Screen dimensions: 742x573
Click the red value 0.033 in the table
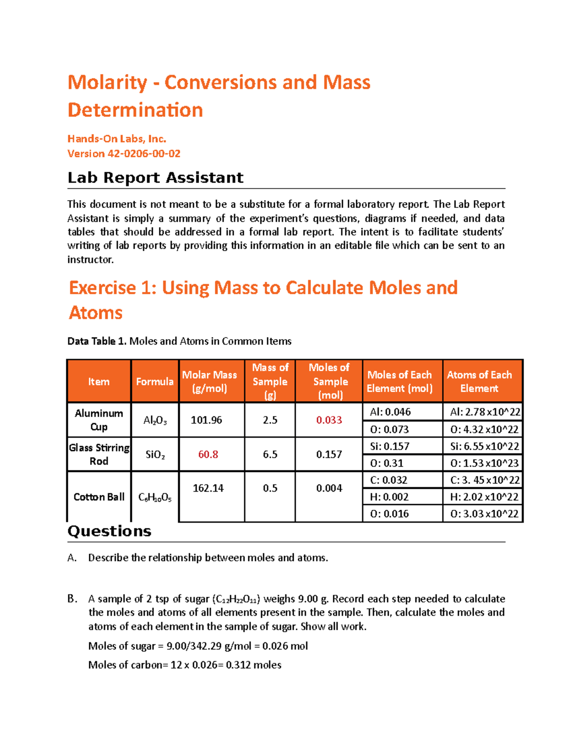point(329,420)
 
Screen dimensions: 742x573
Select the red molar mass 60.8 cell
point(208,454)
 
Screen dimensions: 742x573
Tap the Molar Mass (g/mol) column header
point(210,381)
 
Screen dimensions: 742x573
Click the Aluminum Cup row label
point(99,420)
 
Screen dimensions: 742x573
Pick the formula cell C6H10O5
point(155,497)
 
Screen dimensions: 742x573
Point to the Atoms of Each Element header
point(479,381)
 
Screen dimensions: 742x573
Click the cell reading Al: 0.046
point(390,412)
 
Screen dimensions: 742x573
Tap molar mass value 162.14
point(208,488)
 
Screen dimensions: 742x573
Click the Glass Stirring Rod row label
point(99,454)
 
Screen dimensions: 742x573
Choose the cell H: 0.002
point(389,497)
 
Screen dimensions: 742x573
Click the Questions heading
point(109,531)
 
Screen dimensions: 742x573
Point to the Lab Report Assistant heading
point(155,178)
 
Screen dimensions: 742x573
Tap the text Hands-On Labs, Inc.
point(117,139)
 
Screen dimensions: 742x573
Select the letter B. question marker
point(72,599)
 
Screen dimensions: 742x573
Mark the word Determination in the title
point(135,110)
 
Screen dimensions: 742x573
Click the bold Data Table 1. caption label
point(97,341)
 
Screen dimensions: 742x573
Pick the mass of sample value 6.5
point(270,454)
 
